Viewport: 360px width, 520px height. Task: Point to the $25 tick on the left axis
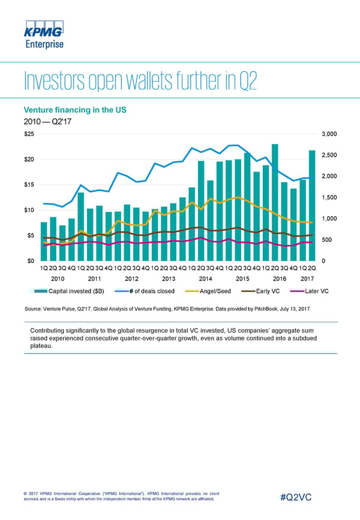coord(29,134)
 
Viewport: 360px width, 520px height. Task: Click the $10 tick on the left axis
coord(29,210)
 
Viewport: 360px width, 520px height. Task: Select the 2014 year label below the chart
coord(205,279)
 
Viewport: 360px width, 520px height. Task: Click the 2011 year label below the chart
coord(95,279)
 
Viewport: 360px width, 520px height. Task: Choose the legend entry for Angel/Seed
coord(211,291)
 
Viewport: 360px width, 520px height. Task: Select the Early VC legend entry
coord(266,291)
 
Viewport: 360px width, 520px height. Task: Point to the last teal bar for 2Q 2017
coord(312,205)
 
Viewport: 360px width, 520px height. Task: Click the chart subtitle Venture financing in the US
coord(74,110)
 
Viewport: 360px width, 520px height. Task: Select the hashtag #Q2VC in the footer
coord(301,496)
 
